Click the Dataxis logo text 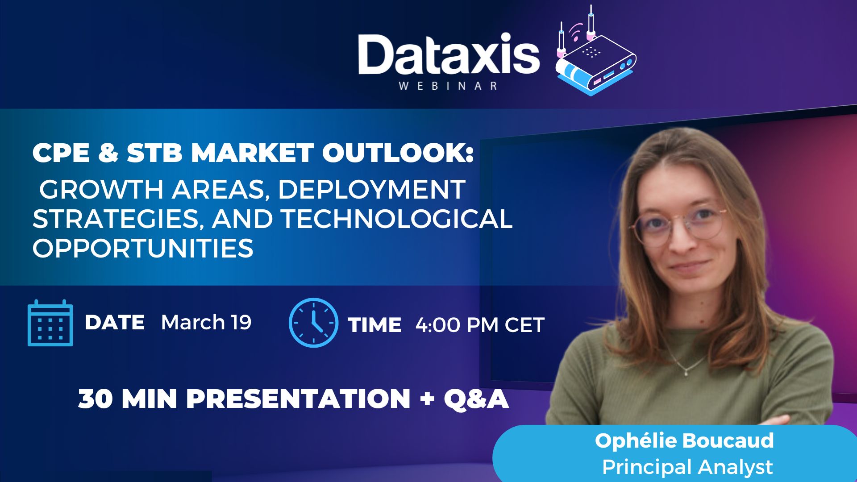[449, 54]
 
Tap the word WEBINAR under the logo [448, 86]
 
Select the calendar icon [50, 323]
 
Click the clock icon [313, 323]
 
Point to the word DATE [114, 322]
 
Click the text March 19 [206, 322]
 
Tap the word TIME [374, 325]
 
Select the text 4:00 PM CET [480, 325]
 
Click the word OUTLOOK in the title [398, 153]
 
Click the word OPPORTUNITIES [143, 249]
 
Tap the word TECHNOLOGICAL [397, 219]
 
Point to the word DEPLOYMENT [372, 189]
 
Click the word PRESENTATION [298, 399]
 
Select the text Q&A [476, 399]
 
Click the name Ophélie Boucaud [684, 441]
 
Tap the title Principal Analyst [687, 467]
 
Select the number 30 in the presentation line [96, 399]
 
